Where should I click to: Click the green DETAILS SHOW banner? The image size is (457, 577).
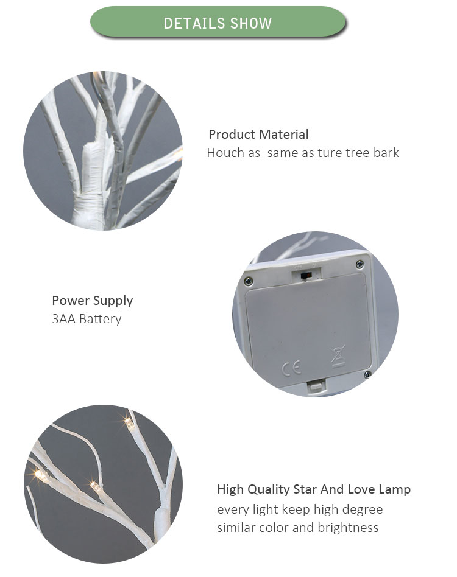[218, 22]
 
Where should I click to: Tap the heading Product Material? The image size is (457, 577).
[258, 135]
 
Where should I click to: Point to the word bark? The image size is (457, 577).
[386, 152]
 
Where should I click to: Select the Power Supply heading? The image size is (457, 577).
[93, 301]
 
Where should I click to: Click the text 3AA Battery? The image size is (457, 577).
[87, 319]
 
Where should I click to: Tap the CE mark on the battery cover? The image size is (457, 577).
[291, 367]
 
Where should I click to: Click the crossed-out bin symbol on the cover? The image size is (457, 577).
[338, 356]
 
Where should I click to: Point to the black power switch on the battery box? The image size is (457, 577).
[305, 275]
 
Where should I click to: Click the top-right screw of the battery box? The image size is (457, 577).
[360, 264]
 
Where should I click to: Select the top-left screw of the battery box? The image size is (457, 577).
[248, 282]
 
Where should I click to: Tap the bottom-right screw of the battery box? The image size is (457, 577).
[367, 374]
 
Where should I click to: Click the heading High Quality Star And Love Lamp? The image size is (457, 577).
[314, 489]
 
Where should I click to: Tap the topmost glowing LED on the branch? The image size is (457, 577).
[129, 423]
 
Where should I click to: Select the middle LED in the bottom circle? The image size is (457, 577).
[96, 487]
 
